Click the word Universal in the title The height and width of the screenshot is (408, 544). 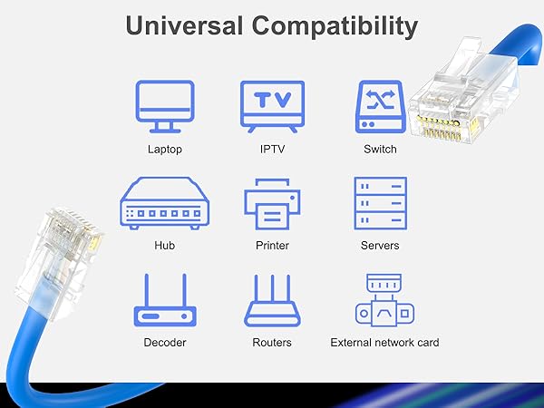185,25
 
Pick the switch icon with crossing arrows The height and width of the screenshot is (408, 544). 380,107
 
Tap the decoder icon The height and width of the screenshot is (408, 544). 164,302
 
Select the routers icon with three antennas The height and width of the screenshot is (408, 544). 272,302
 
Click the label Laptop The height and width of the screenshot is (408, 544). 164,149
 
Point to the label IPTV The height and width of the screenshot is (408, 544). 272,149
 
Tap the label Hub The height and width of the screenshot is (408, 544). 164,245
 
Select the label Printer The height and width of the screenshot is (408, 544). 272,245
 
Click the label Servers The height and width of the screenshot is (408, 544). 380,245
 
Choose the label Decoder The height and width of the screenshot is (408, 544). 164,342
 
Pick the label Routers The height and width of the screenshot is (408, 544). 272,342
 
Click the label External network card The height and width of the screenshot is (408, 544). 384,342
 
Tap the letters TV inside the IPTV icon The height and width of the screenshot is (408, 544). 272,100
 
